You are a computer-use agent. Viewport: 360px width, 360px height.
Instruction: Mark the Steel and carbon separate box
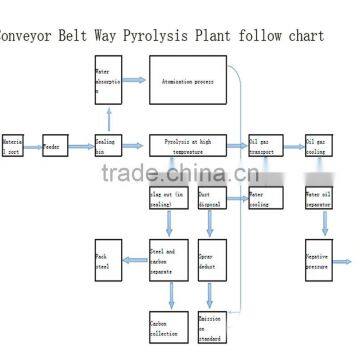(167, 258)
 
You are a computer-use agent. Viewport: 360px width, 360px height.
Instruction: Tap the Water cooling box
(265, 198)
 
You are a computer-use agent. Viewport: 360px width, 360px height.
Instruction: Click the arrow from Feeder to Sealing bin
(83, 148)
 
